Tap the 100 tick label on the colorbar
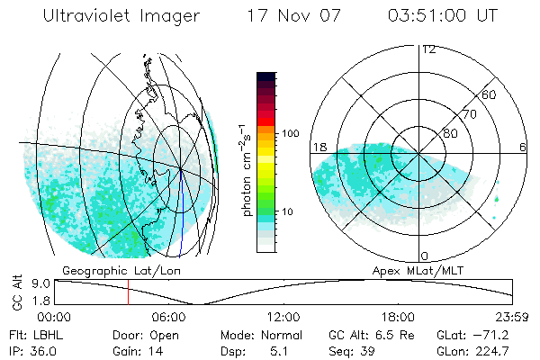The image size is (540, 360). point(289,132)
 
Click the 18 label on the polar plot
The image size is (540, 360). point(319,147)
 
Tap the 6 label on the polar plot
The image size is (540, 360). point(522,147)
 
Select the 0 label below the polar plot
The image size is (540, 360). point(424,256)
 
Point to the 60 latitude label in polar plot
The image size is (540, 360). point(489,94)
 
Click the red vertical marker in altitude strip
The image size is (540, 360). point(128,292)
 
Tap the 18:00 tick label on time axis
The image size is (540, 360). point(399,317)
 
